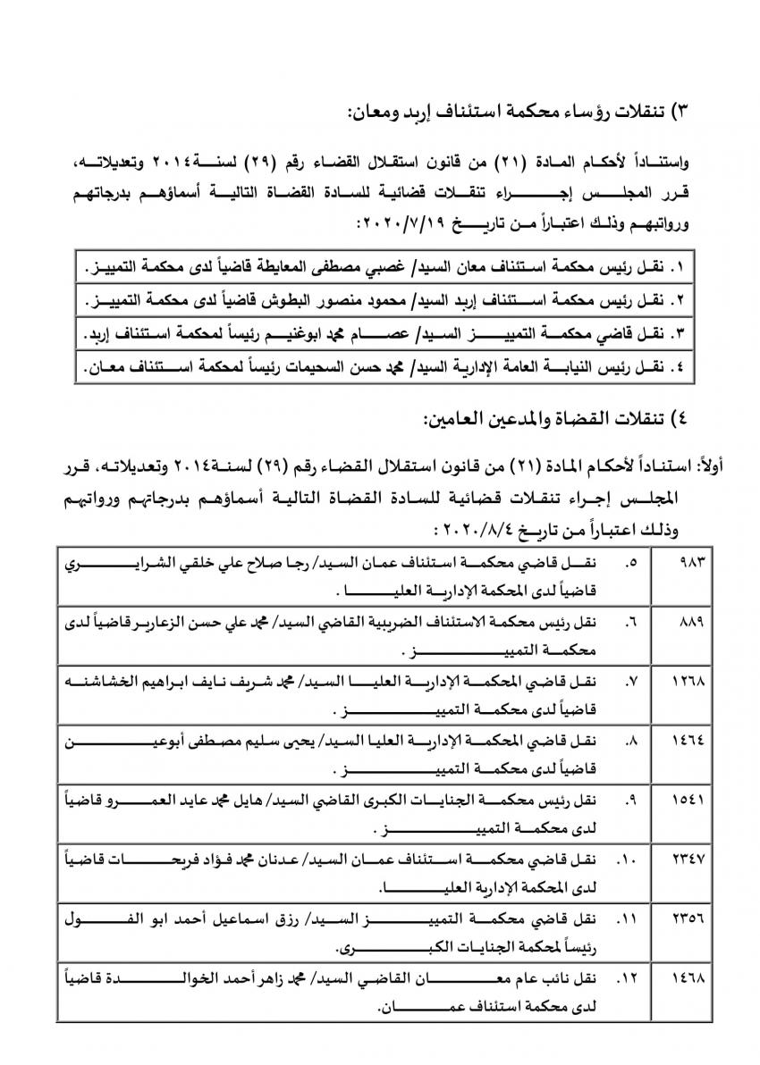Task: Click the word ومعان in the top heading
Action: (x=373, y=112)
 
